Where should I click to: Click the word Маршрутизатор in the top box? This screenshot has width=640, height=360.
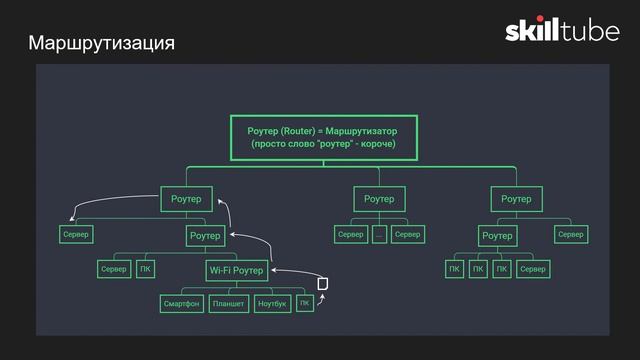[x=361, y=131]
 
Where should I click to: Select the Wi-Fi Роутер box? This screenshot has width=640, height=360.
[x=237, y=270]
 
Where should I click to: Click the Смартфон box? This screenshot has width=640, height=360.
[x=181, y=303]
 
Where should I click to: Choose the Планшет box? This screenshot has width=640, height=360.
[x=229, y=303]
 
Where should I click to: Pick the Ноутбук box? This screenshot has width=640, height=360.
[x=272, y=303]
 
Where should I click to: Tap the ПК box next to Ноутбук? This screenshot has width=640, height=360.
[x=305, y=303]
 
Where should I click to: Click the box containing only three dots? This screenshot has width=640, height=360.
[x=379, y=234]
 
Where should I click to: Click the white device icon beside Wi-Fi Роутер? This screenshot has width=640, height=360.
[x=322, y=284]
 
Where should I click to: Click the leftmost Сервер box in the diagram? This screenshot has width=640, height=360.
[x=75, y=235]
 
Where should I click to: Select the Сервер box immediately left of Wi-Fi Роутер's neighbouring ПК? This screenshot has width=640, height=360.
[x=113, y=270]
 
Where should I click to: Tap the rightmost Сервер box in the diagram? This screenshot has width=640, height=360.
[x=570, y=234]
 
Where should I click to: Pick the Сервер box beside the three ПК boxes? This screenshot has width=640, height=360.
[x=534, y=270]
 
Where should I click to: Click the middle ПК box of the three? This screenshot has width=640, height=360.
[x=478, y=270]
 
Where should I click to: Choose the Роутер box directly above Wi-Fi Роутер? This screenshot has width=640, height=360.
[x=205, y=236]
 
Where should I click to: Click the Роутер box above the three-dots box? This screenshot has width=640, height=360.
[x=379, y=199]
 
